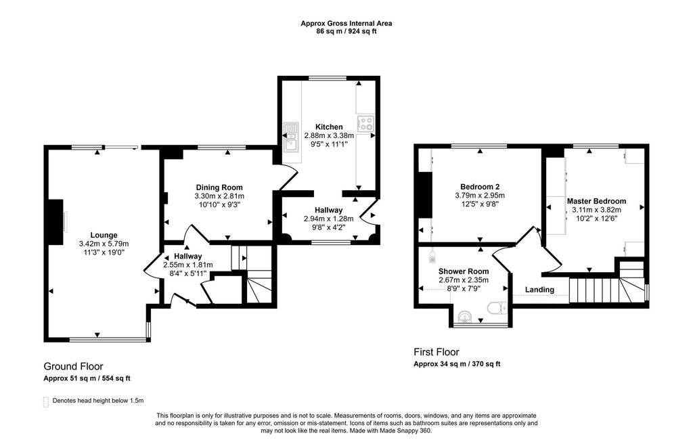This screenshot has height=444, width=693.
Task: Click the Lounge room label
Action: pyautogui.click(x=104, y=236)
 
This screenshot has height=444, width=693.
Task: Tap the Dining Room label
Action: pyautogui.click(x=219, y=187)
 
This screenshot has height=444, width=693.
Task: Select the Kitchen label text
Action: pyautogui.click(x=329, y=127)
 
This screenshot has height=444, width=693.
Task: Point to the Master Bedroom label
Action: pyautogui.click(x=596, y=201)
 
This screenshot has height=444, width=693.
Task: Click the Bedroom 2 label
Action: pyautogui.click(x=480, y=187)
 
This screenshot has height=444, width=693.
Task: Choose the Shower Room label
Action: pyautogui.click(x=464, y=271)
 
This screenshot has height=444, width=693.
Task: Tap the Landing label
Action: pyautogui.click(x=539, y=290)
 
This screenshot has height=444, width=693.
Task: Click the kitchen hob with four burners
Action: pyautogui.click(x=366, y=123)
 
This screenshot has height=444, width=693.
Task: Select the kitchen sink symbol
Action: pyautogui.click(x=291, y=136)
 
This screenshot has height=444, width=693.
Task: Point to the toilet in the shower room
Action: pyautogui.click(x=497, y=307)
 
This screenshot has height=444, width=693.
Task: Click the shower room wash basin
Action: pyautogui.click(x=465, y=317)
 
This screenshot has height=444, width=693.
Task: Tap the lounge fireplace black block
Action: pyautogui.click(x=55, y=221)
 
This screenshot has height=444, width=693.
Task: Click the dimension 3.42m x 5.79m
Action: pyautogui.click(x=104, y=244)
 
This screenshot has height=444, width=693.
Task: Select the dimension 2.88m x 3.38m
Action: pyautogui.click(x=329, y=135)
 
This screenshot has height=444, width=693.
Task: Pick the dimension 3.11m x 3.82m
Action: pyautogui.click(x=596, y=210)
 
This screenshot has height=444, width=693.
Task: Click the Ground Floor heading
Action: pyautogui.click(x=73, y=366)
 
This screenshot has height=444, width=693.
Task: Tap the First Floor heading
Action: pyautogui.click(x=437, y=352)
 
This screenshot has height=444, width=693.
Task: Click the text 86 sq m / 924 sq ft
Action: pyautogui.click(x=346, y=31)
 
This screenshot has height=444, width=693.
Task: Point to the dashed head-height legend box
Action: pyautogui.click(x=45, y=401)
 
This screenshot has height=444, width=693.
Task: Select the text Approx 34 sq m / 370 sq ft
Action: pyautogui.click(x=457, y=364)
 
